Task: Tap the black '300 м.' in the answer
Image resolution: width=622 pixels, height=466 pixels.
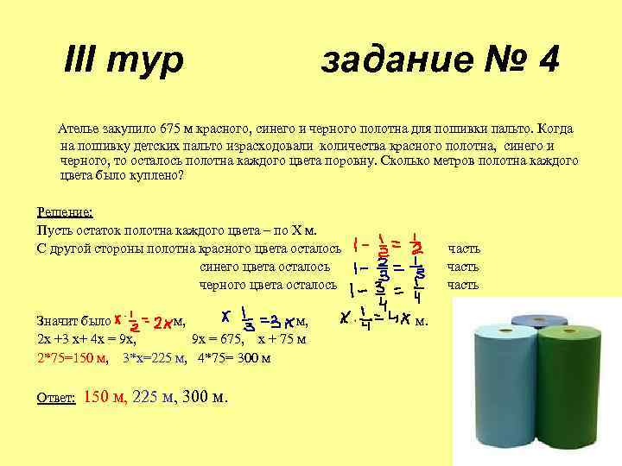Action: [x=207, y=397]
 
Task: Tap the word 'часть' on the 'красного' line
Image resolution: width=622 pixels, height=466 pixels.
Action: [x=463, y=249]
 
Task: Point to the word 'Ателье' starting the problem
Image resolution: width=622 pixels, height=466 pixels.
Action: [x=76, y=129]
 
